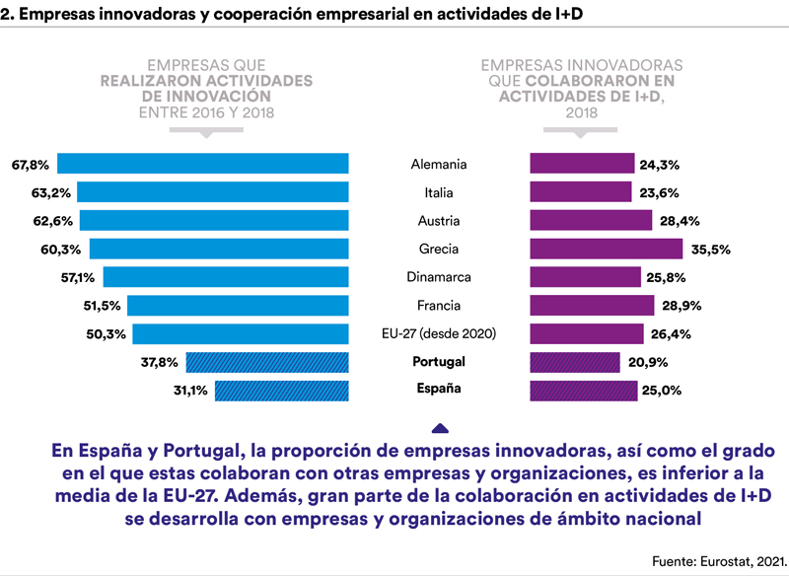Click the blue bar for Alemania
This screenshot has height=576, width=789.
[202, 164]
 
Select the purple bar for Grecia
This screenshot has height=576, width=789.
[606, 249]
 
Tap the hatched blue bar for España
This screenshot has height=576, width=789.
[281, 391]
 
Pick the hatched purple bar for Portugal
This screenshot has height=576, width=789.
[575, 362]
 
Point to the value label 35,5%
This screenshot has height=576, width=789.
[710, 250]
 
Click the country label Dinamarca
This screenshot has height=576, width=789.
[438, 277]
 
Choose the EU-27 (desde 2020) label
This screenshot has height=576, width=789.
[438, 334]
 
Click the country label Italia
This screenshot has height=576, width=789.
[438, 192]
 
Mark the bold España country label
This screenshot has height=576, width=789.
[438, 389]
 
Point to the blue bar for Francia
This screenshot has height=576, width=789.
[238, 306]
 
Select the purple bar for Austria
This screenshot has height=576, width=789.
[591, 220]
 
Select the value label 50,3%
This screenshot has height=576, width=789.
[107, 334]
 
